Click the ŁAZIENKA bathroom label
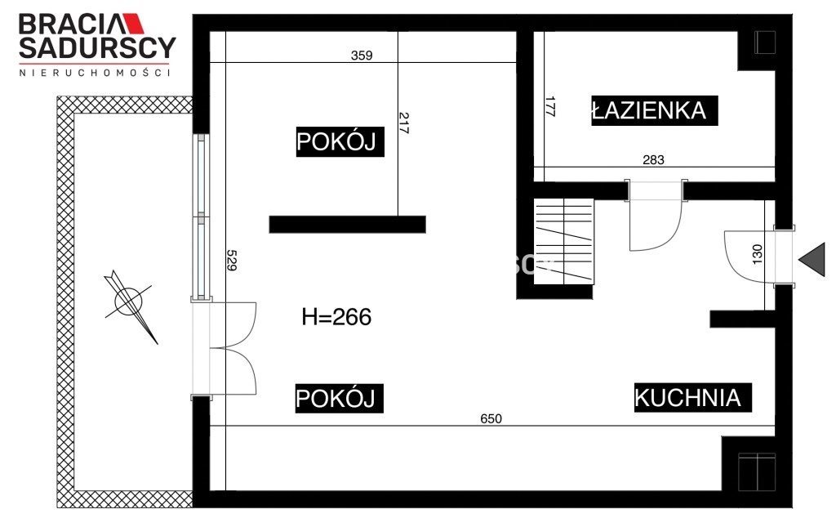point(654,110)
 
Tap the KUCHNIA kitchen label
point(692,397)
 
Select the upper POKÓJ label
point(340,141)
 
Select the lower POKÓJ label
point(339,398)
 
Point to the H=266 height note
point(336,317)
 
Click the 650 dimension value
point(491,418)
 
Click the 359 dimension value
point(362,56)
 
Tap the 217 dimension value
point(403,123)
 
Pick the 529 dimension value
point(231,261)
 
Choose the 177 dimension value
point(550,107)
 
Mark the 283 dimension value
point(654,159)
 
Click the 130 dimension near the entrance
point(757,254)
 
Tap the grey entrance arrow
point(812,260)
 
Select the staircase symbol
point(563,241)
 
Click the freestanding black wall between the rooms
point(347,225)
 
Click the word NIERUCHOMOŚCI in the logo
point(95,73)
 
